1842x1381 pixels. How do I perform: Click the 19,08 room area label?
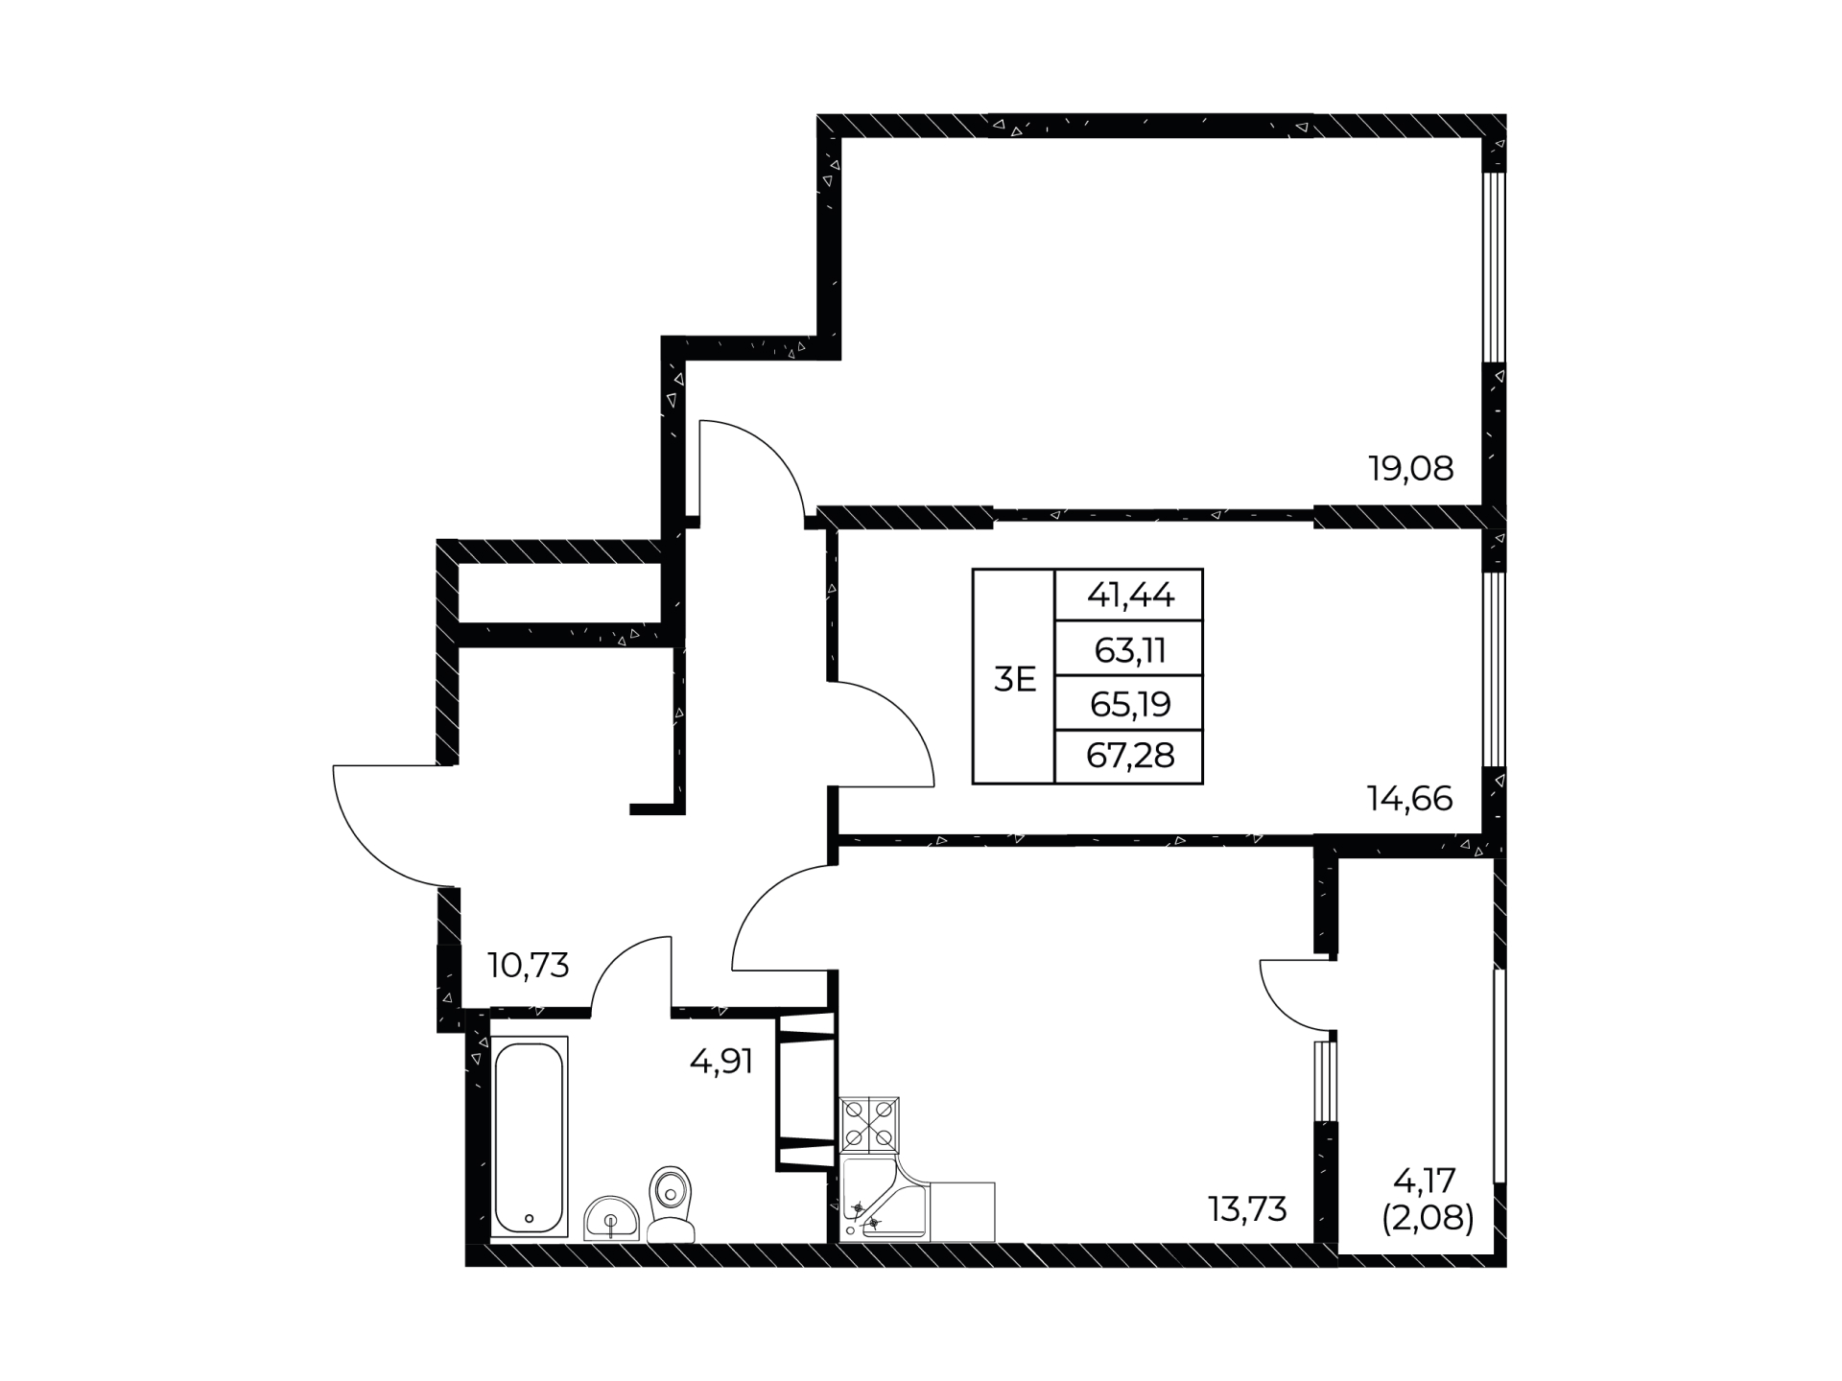[x=1410, y=469]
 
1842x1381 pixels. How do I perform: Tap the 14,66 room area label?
[x=1409, y=798]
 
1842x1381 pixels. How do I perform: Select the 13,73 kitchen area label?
[x=1247, y=1209]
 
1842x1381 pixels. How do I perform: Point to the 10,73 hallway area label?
[x=529, y=965]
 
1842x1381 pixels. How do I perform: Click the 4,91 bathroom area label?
[x=721, y=1062]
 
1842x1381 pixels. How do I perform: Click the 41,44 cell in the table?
[x=1130, y=596]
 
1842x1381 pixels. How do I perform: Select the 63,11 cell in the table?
[x=1130, y=650]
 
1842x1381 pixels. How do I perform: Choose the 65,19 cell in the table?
[x=1130, y=704]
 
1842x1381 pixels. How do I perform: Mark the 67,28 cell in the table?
[x=1130, y=757]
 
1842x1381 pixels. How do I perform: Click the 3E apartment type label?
[x=1015, y=680]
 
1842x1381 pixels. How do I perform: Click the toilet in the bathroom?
[x=672, y=1205]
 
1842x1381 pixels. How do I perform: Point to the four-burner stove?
[x=870, y=1125]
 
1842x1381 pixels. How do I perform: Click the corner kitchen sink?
[x=884, y=1200]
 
